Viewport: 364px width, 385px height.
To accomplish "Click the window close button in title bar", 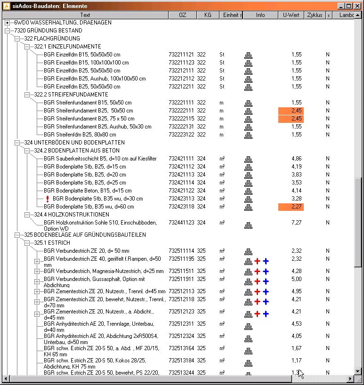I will [x=357, y=6].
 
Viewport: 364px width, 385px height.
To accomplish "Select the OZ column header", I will [x=182, y=15].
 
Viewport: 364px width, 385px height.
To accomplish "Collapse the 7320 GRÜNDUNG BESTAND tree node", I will [x=7, y=31].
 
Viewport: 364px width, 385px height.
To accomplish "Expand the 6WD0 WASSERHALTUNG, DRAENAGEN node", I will [x=7, y=23].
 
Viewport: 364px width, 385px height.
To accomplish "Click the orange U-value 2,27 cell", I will [x=291, y=207].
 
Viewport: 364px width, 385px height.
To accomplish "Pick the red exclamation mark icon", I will [x=48, y=199].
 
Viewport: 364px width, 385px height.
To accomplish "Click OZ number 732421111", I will [x=181, y=159].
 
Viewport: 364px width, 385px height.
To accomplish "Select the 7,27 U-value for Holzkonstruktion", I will [x=296, y=223].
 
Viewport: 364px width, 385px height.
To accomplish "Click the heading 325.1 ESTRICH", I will [x=52, y=243].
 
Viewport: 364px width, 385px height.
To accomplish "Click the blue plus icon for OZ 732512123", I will [x=266, y=313].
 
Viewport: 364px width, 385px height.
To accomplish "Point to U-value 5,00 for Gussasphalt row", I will [x=296, y=279].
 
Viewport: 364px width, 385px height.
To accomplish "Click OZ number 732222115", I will [x=181, y=119].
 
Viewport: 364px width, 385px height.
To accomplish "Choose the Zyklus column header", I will [x=314, y=15].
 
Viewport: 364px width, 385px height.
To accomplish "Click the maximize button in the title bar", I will [x=349, y=6].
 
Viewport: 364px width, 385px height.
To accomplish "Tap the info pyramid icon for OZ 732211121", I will [x=248, y=55].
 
